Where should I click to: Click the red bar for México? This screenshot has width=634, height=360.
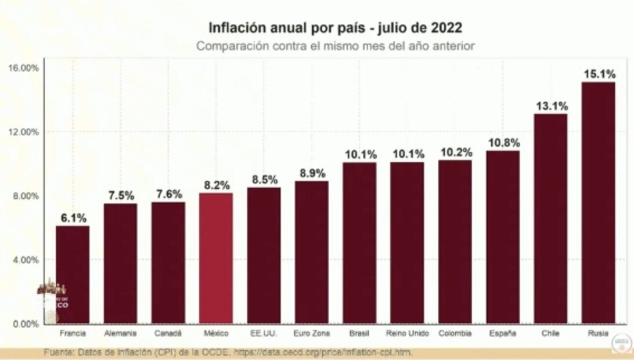(x=216, y=258)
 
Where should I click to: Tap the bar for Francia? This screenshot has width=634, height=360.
(x=73, y=274)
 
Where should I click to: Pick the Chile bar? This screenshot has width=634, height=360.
(x=550, y=218)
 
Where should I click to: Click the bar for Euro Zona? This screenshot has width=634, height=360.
(x=311, y=252)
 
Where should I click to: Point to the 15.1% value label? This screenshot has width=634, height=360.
(x=598, y=74)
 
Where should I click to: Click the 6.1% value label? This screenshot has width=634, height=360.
(x=73, y=218)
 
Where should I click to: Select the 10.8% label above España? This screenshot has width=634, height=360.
(x=503, y=143)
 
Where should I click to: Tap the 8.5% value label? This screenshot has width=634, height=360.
(x=264, y=179)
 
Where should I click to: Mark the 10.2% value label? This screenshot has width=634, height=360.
(x=455, y=152)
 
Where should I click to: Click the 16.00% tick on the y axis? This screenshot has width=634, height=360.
(x=24, y=67)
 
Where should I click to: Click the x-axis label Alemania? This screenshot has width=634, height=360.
(x=120, y=333)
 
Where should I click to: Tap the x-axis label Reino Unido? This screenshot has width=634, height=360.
(x=407, y=333)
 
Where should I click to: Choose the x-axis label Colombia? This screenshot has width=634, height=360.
(x=455, y=333)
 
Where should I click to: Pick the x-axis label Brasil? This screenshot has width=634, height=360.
(x=359, y=333)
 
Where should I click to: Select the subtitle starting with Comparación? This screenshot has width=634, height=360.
(x=335, y=46)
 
